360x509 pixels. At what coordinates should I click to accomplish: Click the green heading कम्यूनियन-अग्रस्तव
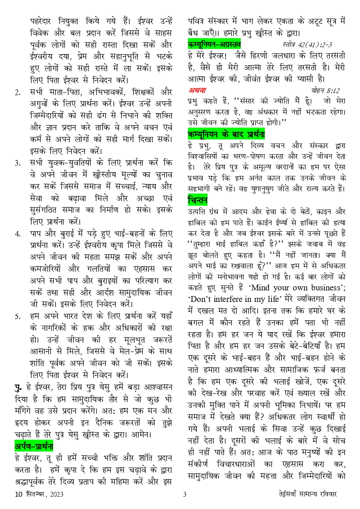(214, 44)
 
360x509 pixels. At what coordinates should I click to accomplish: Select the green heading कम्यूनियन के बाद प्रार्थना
(226, 134)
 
